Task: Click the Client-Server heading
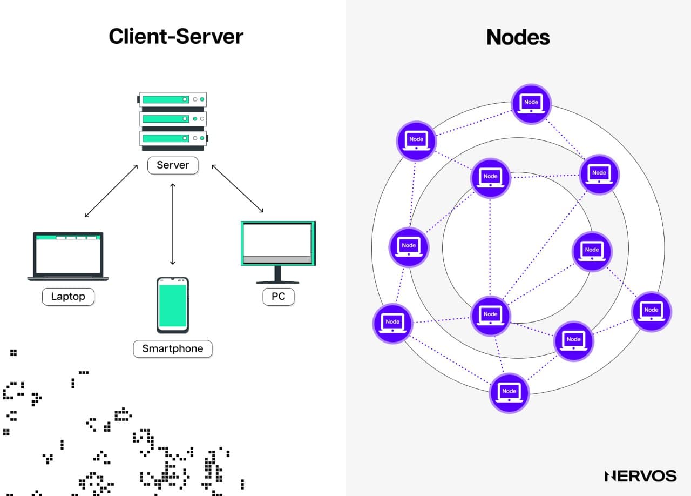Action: pos(176,37)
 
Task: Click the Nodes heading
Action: pos(518,37)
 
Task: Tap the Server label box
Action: pos(173,165)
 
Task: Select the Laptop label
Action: pos(68,297)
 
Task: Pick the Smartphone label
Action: pos(173,349)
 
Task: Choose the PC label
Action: pos(279,297)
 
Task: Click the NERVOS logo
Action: pos(640,475)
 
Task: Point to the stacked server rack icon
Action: pos(173,119)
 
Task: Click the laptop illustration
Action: pos(68,257)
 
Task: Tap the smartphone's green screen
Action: pos(173,305)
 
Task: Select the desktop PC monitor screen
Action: pos(277,240)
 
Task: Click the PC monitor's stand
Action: pos(278,276)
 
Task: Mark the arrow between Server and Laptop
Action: pos(111,191)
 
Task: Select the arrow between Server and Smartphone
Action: pos(173,224)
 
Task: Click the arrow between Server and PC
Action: pos(238,189)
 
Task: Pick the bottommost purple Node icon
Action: pos(509,393)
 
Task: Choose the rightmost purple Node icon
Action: pos(651,312)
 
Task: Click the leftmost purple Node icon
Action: pos(392,324)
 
